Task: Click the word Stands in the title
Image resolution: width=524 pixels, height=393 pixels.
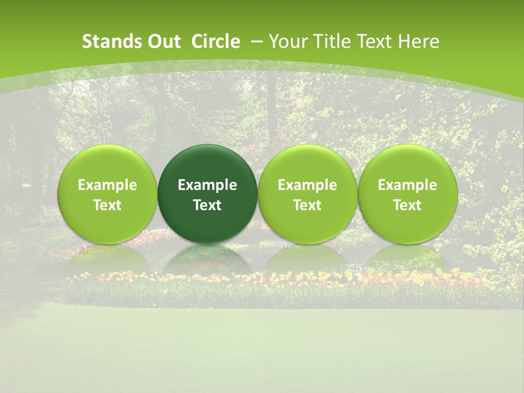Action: pos(107,41)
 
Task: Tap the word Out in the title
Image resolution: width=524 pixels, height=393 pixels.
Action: pos(162,41)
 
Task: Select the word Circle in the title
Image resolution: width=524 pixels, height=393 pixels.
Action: pos(216,41)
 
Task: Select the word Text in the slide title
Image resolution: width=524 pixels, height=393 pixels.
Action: pos(373,41)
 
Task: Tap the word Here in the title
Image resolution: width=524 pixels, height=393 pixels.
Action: pos(419,41)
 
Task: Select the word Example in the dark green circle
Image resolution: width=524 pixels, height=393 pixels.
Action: pos(207,185)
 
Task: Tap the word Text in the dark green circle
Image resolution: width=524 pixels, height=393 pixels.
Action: pos(207,205)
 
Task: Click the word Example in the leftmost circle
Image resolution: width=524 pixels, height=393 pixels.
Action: pos(108,185)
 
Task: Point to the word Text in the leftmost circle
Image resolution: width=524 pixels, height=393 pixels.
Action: pos(108,205)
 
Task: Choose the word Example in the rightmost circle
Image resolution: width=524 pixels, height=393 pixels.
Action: pos(407,185)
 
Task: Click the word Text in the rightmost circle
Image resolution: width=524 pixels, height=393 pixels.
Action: pos(407,205)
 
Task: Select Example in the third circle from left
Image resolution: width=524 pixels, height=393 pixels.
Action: pos(307,185)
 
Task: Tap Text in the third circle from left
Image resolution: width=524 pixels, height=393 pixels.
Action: pos(307,205)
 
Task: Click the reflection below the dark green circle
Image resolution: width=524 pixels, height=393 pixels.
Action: pos(207,259)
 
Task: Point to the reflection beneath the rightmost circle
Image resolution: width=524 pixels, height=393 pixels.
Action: pos(407,259)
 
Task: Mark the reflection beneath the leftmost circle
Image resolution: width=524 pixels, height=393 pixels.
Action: pos(108,259)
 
